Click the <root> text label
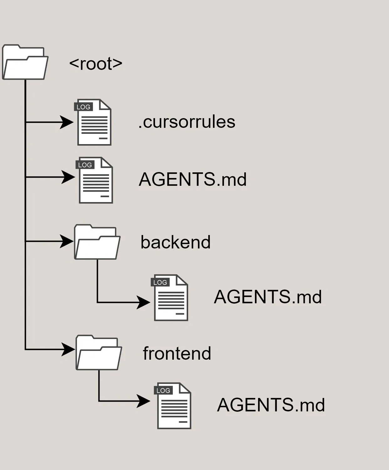click(96, 64)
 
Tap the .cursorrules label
click(187, 122)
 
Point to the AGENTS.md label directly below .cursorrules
click(193, 179)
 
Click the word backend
click(175, 242)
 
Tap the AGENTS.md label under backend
click(268, 297)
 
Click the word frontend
click(177, 353)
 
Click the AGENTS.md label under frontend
click(271, 405)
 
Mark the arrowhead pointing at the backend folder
click(67, 241)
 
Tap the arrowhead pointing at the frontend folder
click(68, 349)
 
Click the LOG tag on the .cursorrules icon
click(83, 107)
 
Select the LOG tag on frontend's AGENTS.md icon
click(163, 390)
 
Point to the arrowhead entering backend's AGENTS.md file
click(143, 302)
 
